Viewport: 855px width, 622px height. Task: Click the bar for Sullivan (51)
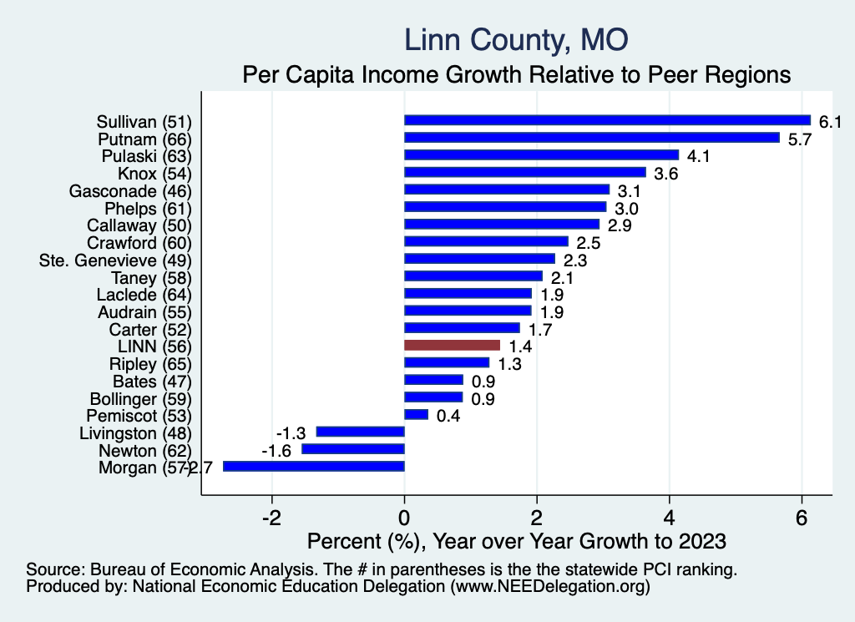tap(607, 120)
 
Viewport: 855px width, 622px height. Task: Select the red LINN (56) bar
tap(452, 345)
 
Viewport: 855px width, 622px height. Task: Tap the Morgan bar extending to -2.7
tap(314, 466)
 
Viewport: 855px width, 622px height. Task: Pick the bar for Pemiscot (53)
tap(416, 414)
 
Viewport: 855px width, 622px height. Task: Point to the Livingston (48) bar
tap(360, 432)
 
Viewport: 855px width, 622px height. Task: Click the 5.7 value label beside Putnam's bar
tap(800, 139)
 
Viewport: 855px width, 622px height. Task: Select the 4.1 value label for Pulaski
tap(698, 156)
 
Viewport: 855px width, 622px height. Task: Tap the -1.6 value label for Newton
tap(276, 451)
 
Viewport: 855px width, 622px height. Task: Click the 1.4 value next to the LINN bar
tap(519, 346)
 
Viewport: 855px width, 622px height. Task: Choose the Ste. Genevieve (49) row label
tap(116, 260)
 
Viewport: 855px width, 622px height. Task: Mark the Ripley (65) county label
tap(151, 363)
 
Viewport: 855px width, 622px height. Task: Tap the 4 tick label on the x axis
tap(670, 517)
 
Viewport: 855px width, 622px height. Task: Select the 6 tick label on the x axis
tap(802, 517)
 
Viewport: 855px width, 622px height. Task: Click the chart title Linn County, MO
tap(516, 40)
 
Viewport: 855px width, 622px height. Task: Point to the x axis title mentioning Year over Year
tap(517, 541)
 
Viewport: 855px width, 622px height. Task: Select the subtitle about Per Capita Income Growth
tap(516, 74)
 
